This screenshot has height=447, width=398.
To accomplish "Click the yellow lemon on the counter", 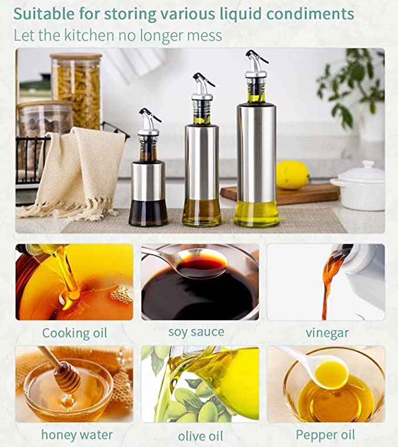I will coord(292,174).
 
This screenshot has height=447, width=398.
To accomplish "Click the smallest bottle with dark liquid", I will coord(148,188).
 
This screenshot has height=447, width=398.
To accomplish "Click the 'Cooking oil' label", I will coord(74,333).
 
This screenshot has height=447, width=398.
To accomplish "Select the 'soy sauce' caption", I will coord(196,331).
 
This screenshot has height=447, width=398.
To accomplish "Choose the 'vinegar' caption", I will coord(327,333).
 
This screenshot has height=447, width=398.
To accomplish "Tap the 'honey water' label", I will coord(77,435).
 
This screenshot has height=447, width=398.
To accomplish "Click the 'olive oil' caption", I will coord(200,436).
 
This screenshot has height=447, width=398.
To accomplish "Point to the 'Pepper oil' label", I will coord(325,435).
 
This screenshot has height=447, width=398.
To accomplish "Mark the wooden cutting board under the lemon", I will coord(275,193).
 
